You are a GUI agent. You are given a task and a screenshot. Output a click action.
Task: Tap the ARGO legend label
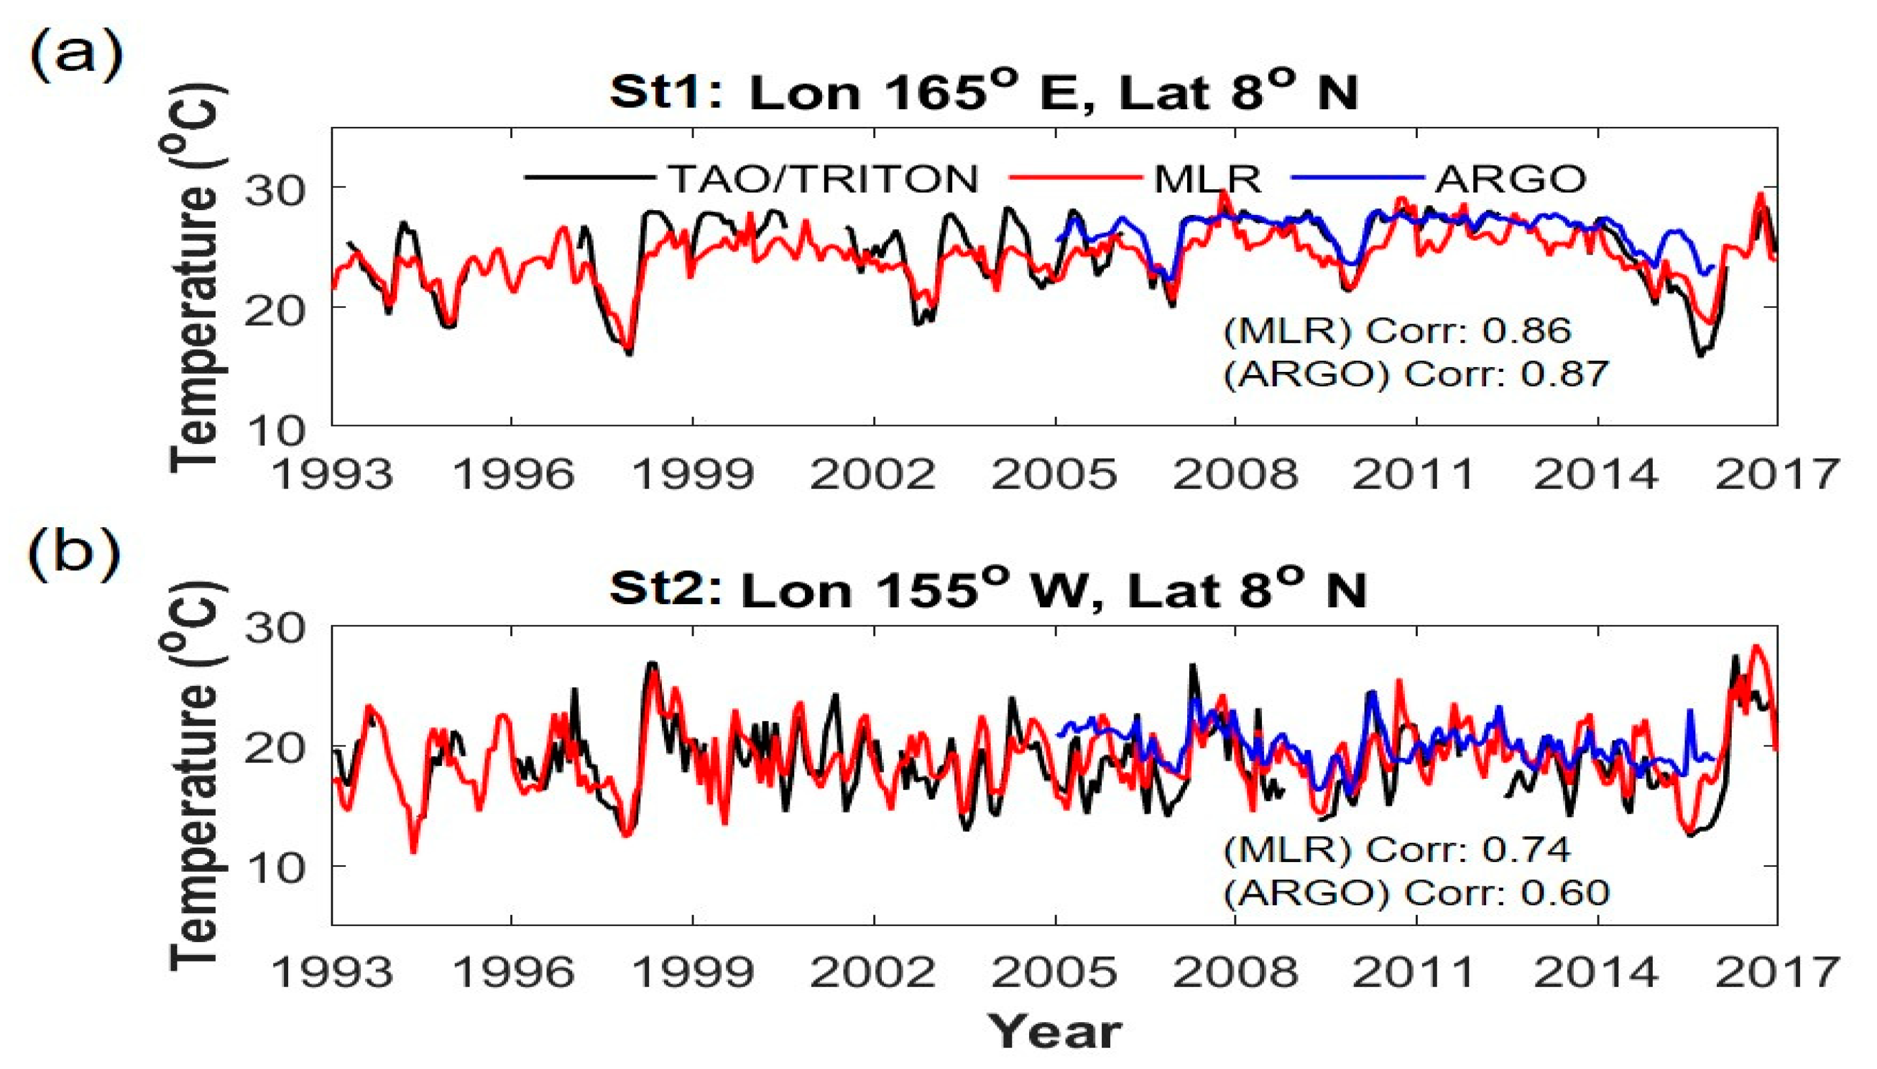(x=1510, y=179)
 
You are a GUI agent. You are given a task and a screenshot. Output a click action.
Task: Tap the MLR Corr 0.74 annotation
(x=1397, y=850)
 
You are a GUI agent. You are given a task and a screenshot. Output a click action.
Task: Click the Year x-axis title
(x=1054, y=1031)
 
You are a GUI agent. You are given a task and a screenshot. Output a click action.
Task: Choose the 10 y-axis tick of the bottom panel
(x=275, y=869)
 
